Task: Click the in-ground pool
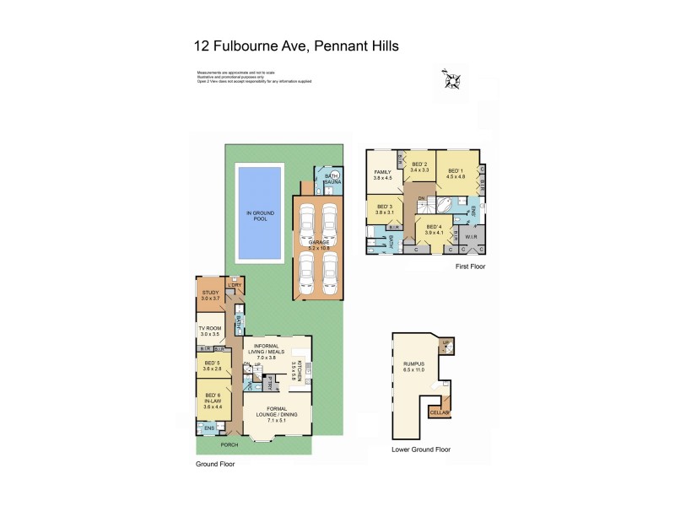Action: click(260, 213)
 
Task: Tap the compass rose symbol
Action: click(451, 81)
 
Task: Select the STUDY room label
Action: click(210, 296)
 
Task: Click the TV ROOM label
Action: click(209, 331)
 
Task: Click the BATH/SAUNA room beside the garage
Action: click(327, 181)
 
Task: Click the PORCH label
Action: click(229, 444)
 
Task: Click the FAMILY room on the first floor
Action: click(384, 175)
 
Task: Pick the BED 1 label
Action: click(456, 173)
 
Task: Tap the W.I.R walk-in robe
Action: click(471, 236)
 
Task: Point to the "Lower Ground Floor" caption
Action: click(421, 449)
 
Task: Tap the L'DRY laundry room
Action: click(235, 285)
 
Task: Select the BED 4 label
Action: click(434, 229)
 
